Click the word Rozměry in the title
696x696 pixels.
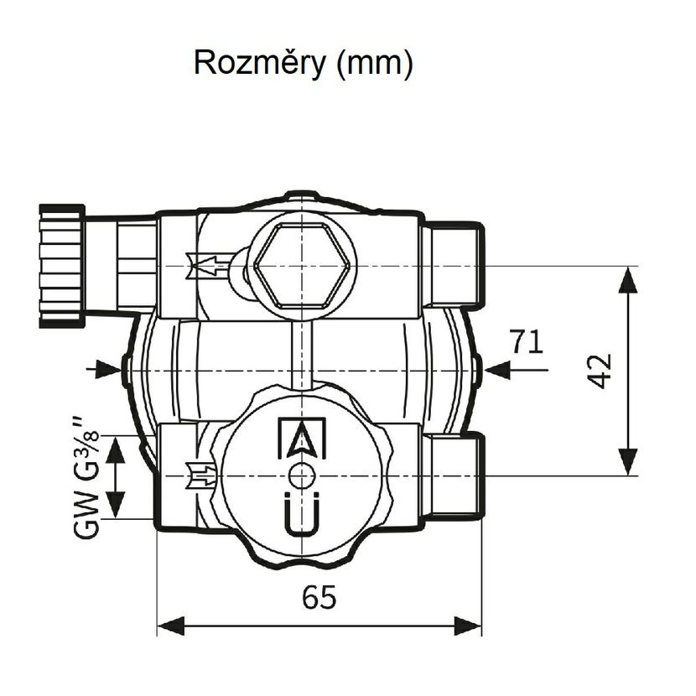pyautogui.click(x=256, y=64)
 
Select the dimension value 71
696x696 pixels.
pyautogui.click(x=526, y=342)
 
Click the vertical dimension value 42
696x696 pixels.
pyautogui.click(x=599, y=370)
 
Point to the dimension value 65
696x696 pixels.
pyautogui.click(x=319, y=598)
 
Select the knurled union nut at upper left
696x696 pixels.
pyautogui.click(x=64, y=265)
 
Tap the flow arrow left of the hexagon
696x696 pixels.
pyautogui.click(x=210, y=267)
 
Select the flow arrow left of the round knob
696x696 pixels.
pyautogui.click(x=204, y=476)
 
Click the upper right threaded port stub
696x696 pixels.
pyautogui.click(x=454, y=266)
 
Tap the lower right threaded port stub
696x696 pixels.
pyautogui.click(x=454, y=476)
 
